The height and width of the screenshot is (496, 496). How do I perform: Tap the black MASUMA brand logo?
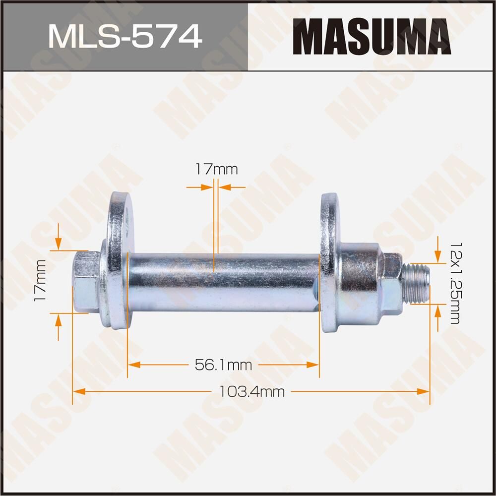tap(372, 37)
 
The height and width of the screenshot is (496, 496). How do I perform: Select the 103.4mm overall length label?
tap(252, 392)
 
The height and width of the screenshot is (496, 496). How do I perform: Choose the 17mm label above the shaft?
tap(216, 170)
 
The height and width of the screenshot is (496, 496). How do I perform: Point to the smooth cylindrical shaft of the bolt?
tap(223, 282)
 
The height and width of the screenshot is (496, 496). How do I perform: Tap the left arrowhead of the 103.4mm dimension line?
tap(77, 392)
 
